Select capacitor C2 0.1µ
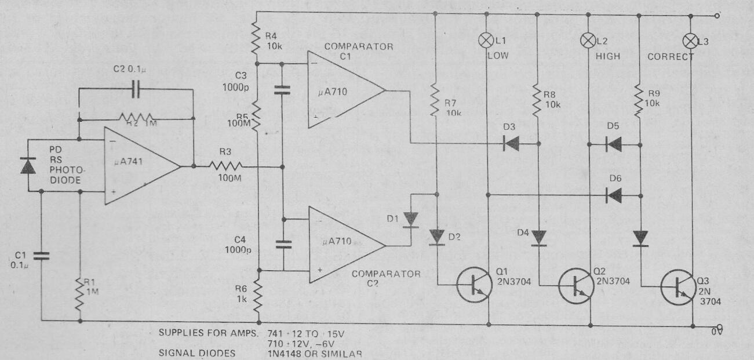coord(135,89)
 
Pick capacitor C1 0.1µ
coord(42,255)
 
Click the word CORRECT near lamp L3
coord(671,57)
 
